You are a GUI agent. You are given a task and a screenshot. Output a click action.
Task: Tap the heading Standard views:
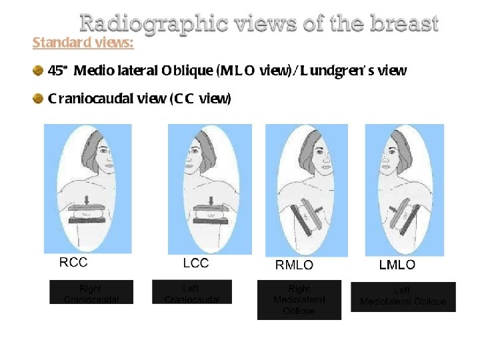(x=83, y=43)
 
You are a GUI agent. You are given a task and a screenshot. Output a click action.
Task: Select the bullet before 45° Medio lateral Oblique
(x=39, y=70)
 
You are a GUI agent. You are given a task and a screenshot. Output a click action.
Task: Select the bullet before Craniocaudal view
(x=39, y=99)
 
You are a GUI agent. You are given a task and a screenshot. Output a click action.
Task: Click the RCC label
(x=73, y=263)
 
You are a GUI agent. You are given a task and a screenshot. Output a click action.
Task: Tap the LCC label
(x=196, y=263)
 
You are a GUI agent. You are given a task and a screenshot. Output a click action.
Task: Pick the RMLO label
(x=294, y=265)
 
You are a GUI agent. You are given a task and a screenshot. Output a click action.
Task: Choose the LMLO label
(x=397, y=265)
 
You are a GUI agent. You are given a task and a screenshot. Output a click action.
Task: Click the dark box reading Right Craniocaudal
(x=91, y=292)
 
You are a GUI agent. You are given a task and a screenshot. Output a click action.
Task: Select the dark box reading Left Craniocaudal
(x=192, y=292)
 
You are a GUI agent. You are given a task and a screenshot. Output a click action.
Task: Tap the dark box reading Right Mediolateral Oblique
(x=299, y=299)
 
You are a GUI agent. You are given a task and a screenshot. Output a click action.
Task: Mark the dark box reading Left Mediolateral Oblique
(x=403, y=297)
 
